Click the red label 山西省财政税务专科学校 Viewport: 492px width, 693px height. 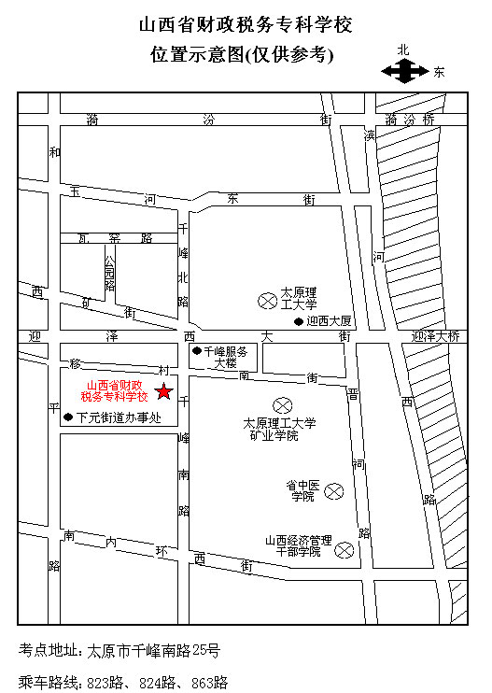pyautogui.click(x=114, y=390)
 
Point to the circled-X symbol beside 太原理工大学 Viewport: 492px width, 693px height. pyautogui.click(x=266, y=300)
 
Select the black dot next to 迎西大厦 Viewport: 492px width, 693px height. pyautogui.click(x=299, y=322)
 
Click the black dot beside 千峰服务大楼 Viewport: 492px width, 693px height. pyautogui.click(x=196, y=351)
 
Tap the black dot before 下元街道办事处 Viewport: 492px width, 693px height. pyautogui.click(x=67, y=418)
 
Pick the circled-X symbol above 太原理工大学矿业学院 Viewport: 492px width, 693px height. pyautogui.click(x=281, y=404)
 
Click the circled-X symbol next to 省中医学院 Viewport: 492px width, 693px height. pyautogui.click(x=334, y=490)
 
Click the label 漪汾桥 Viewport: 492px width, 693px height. pyautogui.click(x=410, y=120)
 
